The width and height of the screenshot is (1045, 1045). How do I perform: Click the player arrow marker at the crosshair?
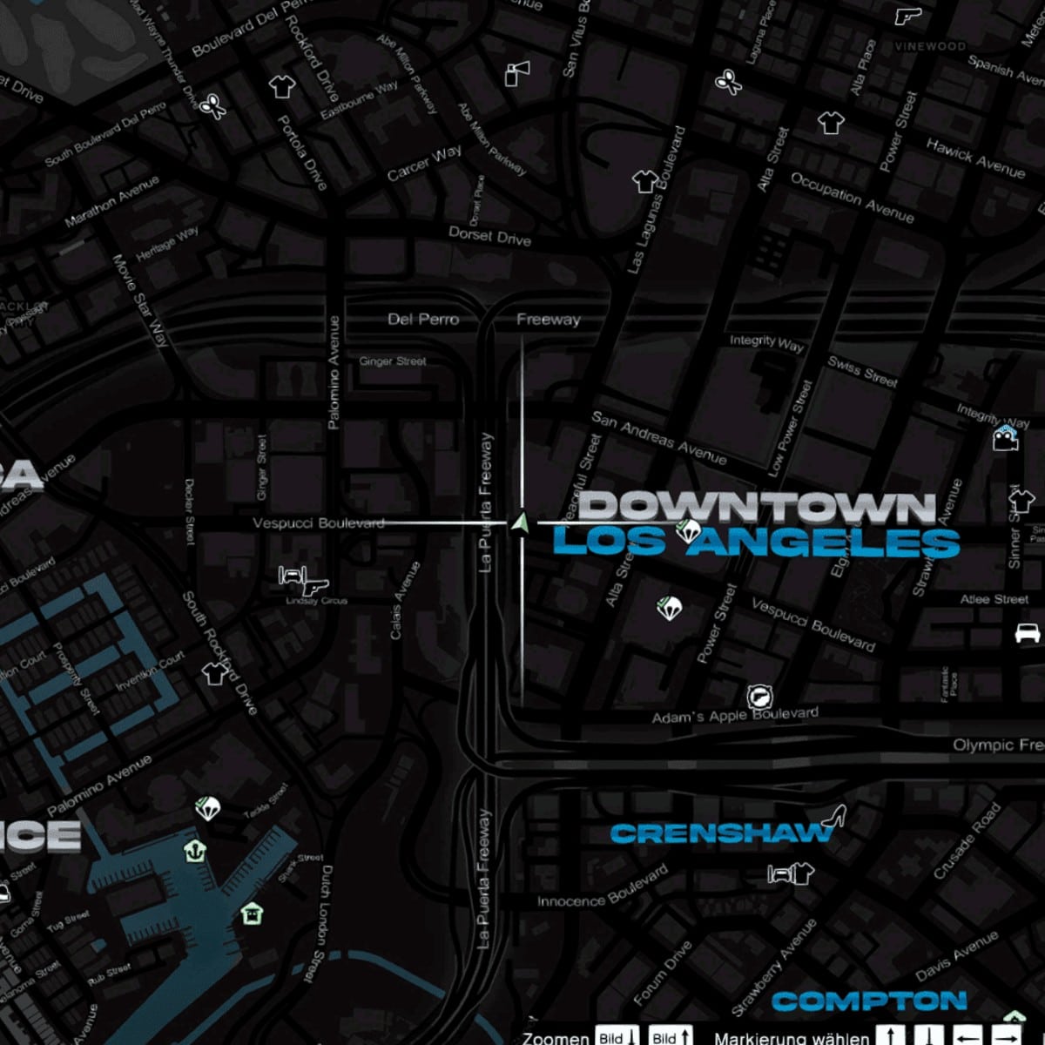(x=521, y=522)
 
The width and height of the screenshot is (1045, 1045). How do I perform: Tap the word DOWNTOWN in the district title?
(x=758, y=507)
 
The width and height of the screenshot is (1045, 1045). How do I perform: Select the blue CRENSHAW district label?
(x=721, y=833)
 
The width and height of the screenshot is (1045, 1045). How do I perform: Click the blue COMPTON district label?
(x=869, y=1001)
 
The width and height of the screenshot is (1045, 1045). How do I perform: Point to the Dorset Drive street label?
(x=489, y=235)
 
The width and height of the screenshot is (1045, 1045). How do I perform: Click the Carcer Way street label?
(x=425, y=163)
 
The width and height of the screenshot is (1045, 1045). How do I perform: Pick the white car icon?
(x=1028, y=632)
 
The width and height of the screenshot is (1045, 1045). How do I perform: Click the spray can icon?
(x=516, y=73)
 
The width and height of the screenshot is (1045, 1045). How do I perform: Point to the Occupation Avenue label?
(x=852, y=197)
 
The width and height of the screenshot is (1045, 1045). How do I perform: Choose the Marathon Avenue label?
(x=112, y=201)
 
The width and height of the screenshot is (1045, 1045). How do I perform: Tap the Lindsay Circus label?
(x=316, y=601)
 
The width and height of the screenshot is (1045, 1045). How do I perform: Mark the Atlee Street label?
(x=994, y=599)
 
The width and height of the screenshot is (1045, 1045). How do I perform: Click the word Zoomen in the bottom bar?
(x=555, y=1038)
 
